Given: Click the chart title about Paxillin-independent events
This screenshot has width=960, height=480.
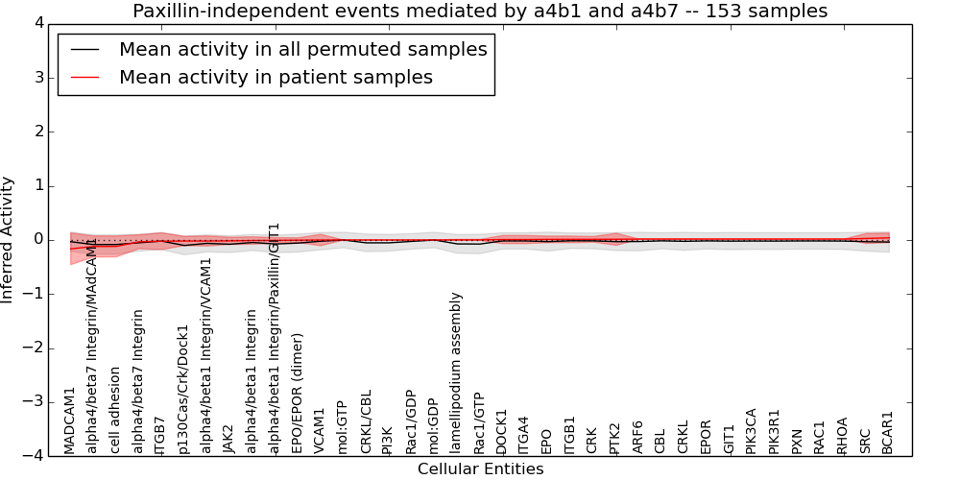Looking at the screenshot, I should click(480, 12).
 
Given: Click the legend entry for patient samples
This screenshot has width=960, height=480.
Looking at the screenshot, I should click(276, 78).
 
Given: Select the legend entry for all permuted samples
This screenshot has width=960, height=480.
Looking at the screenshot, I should click(302, 50).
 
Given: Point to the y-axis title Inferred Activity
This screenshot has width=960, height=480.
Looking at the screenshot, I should click(8, 240).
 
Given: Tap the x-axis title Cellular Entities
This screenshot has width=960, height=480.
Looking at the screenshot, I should click(480, 469).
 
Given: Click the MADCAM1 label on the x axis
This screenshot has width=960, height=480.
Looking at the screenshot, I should click(69, 420).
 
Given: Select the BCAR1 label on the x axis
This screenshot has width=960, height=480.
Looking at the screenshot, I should click(888, 432).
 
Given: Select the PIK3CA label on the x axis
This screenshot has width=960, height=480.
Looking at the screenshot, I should click(751, 430).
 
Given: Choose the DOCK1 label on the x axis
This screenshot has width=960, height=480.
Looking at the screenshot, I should click(501, 431).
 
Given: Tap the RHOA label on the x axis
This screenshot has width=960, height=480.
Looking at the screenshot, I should click(842, 435).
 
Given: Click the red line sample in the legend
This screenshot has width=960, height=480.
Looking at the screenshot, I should click(85, 78).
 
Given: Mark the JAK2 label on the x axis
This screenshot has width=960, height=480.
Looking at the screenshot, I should click(228, 439).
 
